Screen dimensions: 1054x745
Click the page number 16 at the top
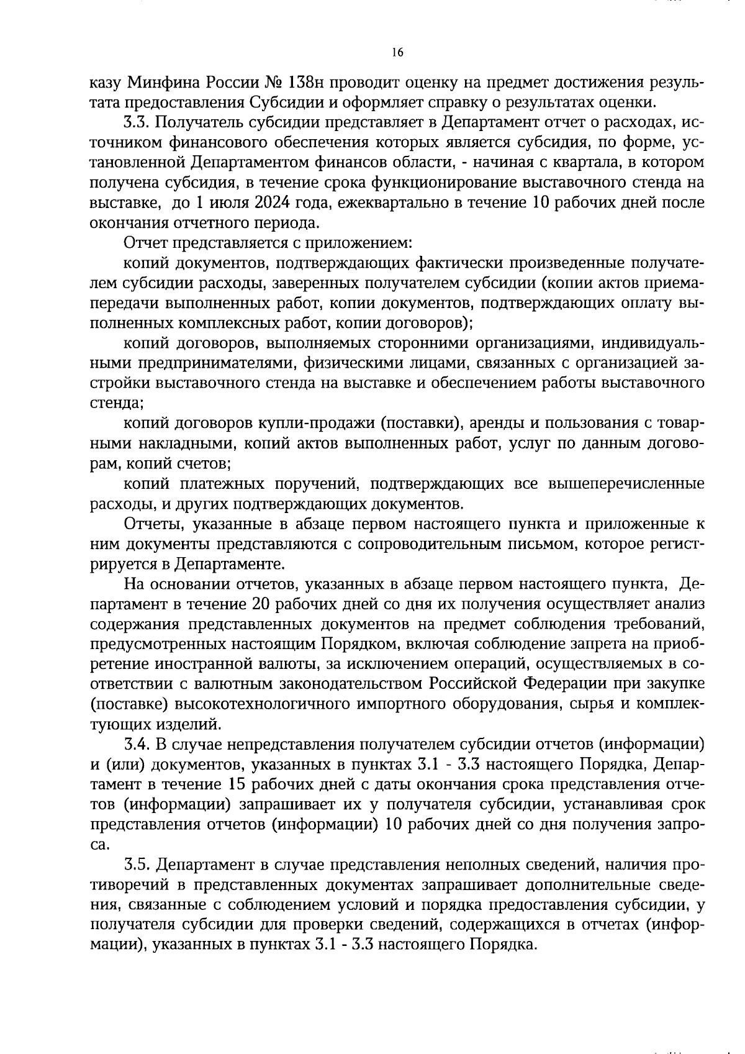(x=397, y=53)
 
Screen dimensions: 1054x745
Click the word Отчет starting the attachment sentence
(x=145, y=243)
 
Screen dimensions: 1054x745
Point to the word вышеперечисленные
(x=626, y=484)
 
